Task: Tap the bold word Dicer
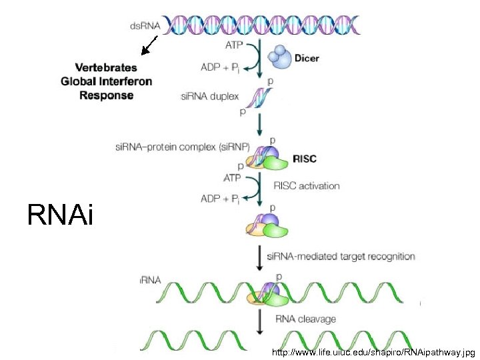coord(306,58)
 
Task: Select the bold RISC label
coord(305,159)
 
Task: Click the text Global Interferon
coord(107,81)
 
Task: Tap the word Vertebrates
coord(106,67)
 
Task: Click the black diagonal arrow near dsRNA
coord(149,45)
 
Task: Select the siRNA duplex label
coord(209,96)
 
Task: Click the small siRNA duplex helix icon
coord(258,98)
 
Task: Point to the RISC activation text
coord(306,185)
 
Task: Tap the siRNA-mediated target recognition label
coord(341,256)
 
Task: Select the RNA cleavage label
coord(305,319)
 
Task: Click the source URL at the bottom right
coord(373,351)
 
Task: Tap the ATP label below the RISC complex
coord(231,178)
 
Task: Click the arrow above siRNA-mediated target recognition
coord(259,255)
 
